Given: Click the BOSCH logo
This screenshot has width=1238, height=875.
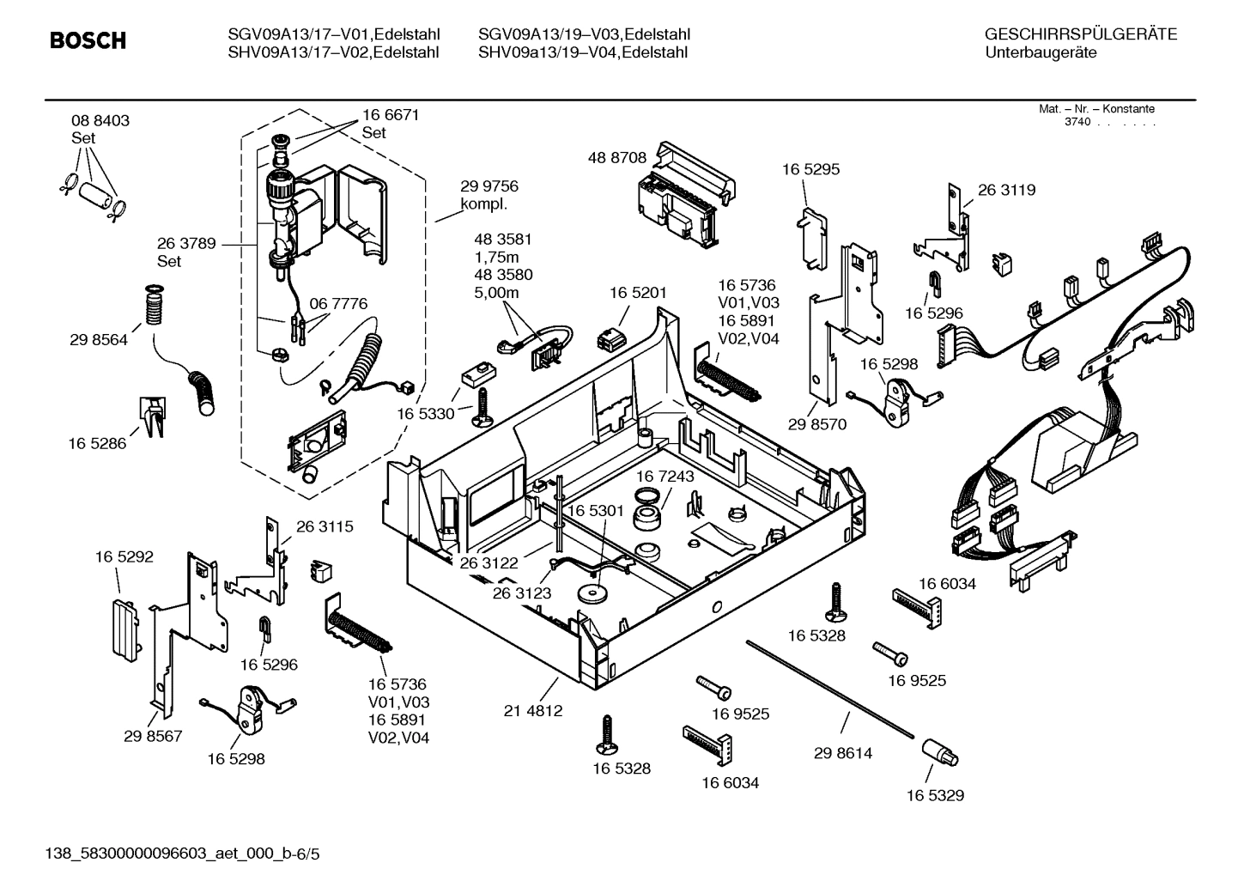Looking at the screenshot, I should (x=88, y=40).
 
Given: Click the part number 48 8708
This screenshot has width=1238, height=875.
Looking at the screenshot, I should (x=617, y=158).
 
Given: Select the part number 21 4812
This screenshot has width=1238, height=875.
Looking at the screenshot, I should (x=533, y=711).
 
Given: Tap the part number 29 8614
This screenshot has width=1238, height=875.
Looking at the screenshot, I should (x=842, y=753).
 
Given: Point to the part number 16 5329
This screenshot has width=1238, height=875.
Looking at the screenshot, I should (x=935, y=795).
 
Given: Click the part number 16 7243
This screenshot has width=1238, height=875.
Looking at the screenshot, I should (x=665, y=476).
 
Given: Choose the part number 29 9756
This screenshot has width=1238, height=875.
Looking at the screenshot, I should (x=489, y=186).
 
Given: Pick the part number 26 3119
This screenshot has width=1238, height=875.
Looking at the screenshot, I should (x=1006, y=190).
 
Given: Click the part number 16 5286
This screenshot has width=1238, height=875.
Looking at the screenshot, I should (x=97, y=443).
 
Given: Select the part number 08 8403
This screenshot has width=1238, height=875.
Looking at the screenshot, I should (x=100, y=121).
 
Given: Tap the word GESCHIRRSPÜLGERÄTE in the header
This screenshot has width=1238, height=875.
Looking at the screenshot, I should (x=1080, y=34).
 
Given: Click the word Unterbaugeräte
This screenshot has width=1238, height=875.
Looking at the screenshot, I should (x=1041, y=53).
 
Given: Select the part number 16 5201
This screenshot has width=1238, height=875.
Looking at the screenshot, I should (x=638, y=293).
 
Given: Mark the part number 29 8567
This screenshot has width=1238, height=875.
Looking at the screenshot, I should (x=153, y=736).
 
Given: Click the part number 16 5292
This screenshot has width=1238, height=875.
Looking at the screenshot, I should (x=124, y=556).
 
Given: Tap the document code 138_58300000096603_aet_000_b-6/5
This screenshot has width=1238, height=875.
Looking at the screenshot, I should (x=175, y=854).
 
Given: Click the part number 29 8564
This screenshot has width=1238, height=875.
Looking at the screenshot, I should (x=99, y=340).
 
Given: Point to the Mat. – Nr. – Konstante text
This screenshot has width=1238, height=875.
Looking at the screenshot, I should (x=1096, y=109).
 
